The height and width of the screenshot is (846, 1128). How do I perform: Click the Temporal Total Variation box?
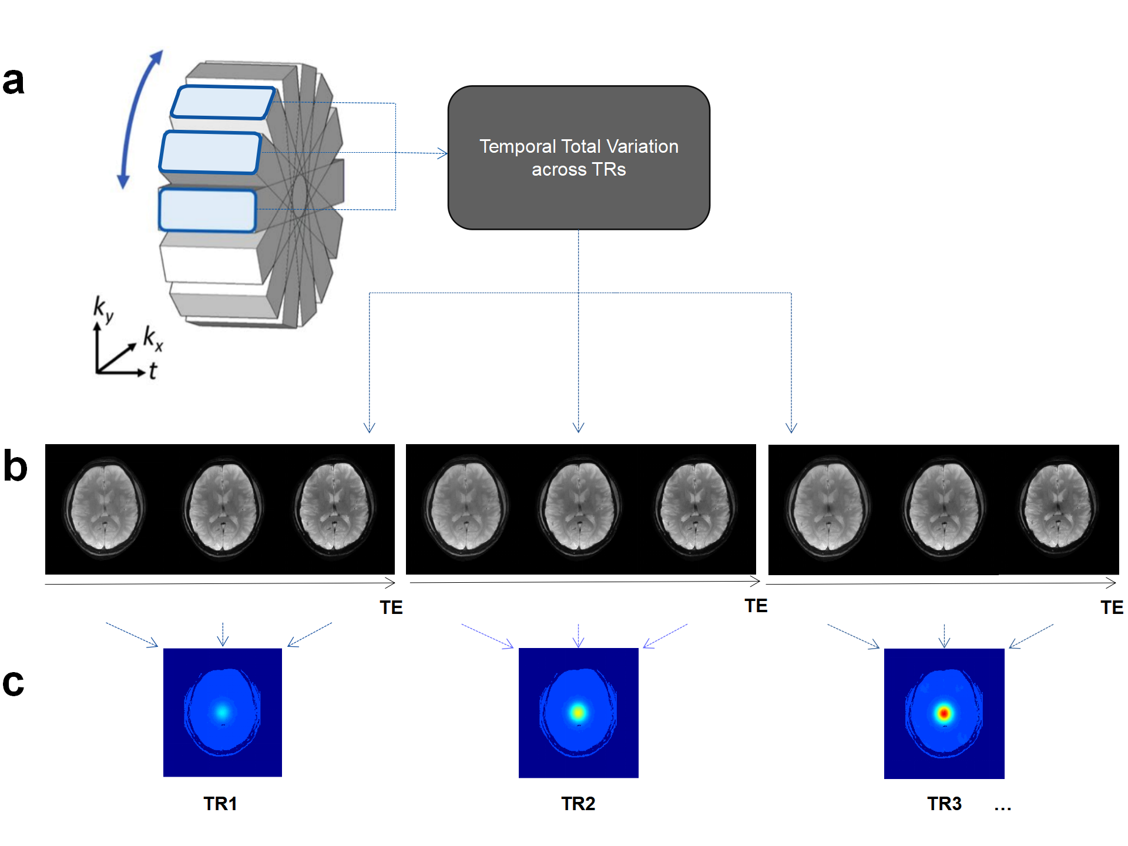tap(579, 157)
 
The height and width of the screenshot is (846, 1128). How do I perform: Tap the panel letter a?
tap(14, 81)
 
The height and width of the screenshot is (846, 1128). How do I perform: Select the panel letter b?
tap(15, 466)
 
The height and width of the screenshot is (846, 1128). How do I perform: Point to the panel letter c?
tap(14, 683)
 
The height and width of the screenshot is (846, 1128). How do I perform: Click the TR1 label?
tap(220, 803)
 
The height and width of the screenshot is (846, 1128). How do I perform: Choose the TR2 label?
tap(578, 803)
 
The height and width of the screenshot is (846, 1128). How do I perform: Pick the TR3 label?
tap(944, 803)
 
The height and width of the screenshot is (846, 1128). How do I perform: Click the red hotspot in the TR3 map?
tap(944, 713)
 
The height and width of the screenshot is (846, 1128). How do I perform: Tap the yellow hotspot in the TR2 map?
tap(578, 713)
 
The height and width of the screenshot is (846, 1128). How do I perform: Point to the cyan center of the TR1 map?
tap(222, 712)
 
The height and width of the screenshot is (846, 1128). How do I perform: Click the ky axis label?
tap(103, 309)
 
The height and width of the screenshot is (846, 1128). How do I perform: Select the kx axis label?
tap(153, 338)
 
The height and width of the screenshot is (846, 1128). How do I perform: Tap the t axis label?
tap(153, 371)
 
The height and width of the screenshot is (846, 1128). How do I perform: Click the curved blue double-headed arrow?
tap(139, 117)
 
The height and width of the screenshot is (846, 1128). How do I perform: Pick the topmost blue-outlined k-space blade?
tap(223, 102)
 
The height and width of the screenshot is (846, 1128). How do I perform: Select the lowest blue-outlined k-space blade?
tap(207, 210)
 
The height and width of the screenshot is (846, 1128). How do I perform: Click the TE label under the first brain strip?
tap(391, 607)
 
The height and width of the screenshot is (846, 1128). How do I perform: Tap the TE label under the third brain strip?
tap(1112, 607)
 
